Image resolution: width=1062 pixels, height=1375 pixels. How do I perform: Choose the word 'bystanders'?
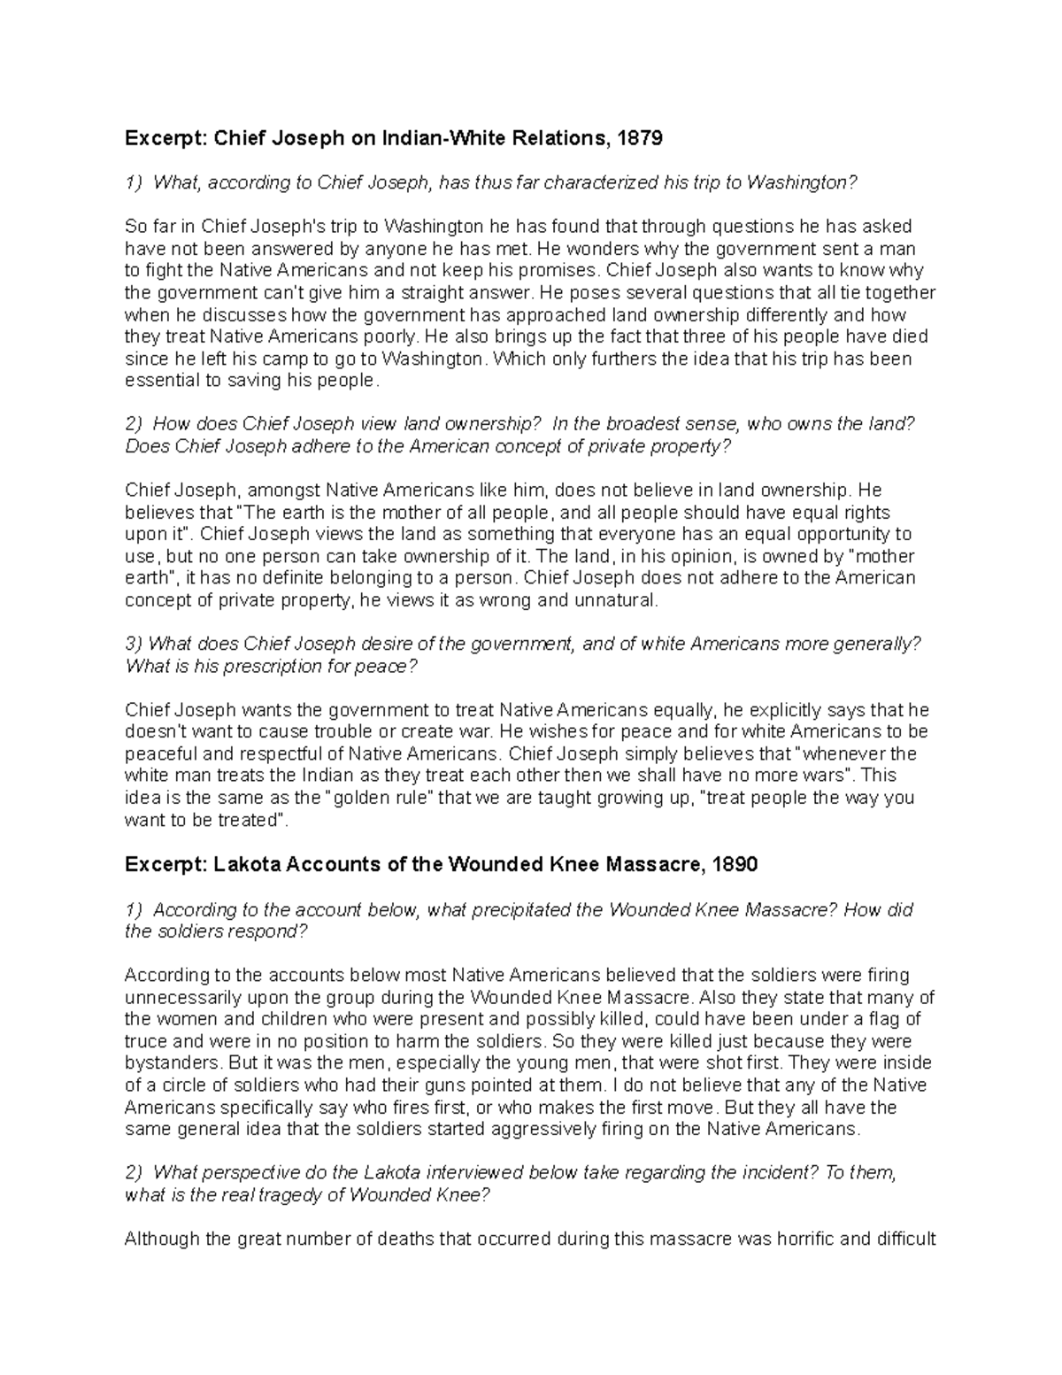tap(170, 1063)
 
